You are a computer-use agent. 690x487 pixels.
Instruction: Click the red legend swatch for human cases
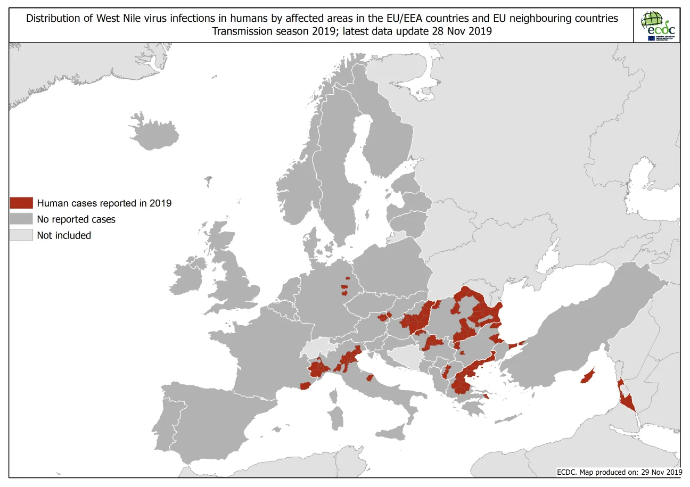21,203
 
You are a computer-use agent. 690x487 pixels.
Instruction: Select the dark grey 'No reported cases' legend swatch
21,219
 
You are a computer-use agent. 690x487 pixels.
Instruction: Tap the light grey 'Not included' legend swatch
21,235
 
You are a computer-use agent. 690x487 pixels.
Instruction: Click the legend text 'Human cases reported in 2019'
104,203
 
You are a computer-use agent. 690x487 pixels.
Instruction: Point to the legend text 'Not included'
64,235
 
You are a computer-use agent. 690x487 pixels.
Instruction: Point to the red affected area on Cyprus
588,376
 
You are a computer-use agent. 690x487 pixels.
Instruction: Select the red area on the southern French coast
305,386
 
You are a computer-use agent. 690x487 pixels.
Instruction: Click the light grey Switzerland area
318,348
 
